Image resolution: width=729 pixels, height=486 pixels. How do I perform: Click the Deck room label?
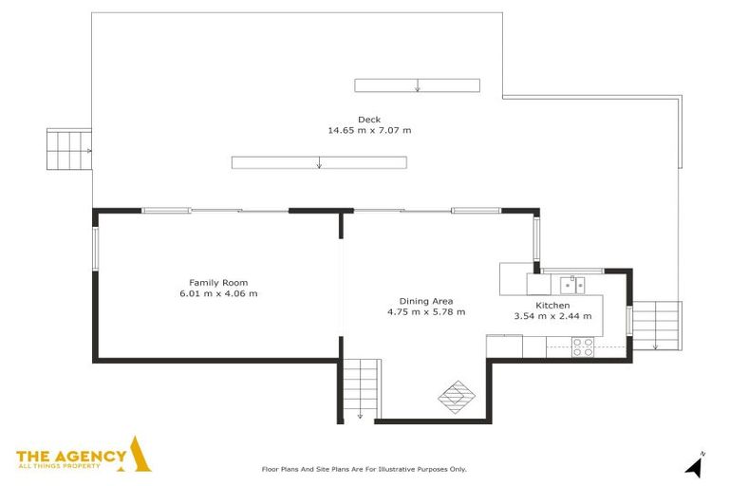(x=369, y=120)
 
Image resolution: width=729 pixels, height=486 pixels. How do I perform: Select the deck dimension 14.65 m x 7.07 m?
(x=369, y=130)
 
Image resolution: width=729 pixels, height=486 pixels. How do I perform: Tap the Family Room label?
(x=218, y=283)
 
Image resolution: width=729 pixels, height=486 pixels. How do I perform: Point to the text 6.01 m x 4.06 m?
(x=218, y=293)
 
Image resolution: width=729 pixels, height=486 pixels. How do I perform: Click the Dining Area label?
(x=426, y=301)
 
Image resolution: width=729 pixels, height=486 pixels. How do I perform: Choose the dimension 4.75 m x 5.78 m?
(x=426, y=311)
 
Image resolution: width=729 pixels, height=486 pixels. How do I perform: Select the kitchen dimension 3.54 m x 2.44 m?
(x=552, y=316)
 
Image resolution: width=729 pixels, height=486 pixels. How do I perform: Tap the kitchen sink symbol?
(x=571, y=283)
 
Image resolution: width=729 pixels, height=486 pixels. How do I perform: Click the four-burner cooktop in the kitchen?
(x=582, y=347)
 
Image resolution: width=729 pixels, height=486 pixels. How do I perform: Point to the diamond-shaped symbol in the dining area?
(x=456, y=396)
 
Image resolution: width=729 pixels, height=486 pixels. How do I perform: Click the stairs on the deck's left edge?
(x=69, y=150)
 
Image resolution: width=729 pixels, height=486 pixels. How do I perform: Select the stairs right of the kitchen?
(x=657, y=324)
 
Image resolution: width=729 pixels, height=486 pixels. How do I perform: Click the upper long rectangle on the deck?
(x=417, y=85)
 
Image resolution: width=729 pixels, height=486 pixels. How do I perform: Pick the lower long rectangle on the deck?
(x=319, y=162)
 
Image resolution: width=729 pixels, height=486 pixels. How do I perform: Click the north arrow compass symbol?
(x=695, y=466)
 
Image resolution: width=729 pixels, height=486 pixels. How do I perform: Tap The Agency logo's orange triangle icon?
(x=140, y=455)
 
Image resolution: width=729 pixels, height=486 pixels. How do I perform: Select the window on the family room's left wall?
(x=95, y=250)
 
